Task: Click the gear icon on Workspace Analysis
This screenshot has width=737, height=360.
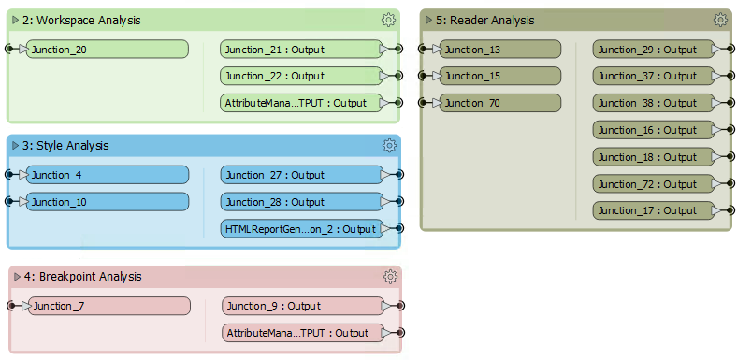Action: pyautogui.click(x=388, y=20)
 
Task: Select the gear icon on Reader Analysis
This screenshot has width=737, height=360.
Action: pyautogui.click(x=719, y=20)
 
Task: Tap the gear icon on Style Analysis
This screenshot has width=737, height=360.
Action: pyautogui.click(x=389, y=145)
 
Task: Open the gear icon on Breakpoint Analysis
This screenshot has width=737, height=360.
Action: pyautogui.click(x=390, y=276)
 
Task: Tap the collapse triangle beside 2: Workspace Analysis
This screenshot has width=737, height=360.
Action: pyautogui.click(x=14, y=20)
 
